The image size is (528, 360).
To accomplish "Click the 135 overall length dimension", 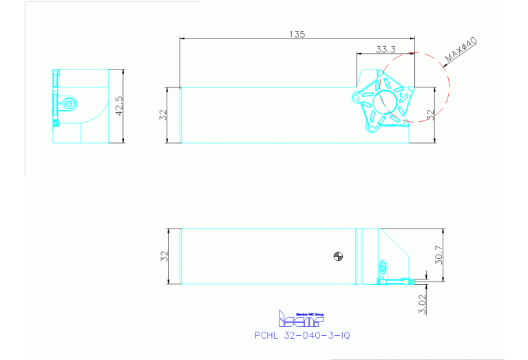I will pyautogui.click(x=297, y=33).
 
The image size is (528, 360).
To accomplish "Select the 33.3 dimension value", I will pyautogui.click(x=386, y=49).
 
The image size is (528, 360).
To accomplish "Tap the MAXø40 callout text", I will pyautogui.click(x=461, y=50).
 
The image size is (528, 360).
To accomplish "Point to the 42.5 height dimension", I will pyautogui.click(x=118, y=107).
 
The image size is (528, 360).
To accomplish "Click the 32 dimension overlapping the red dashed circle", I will pyautogui.click(x=432, y=115).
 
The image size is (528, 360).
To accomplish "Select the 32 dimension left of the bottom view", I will pyautogui.click(x=165, y=256).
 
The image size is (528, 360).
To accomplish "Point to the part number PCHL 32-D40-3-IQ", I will pyautogui.click(x=302, y=335).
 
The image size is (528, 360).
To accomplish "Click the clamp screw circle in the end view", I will pyautogui.click(x=67, y=103).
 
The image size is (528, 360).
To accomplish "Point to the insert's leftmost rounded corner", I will pyautogui.click(x=355, y=96).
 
